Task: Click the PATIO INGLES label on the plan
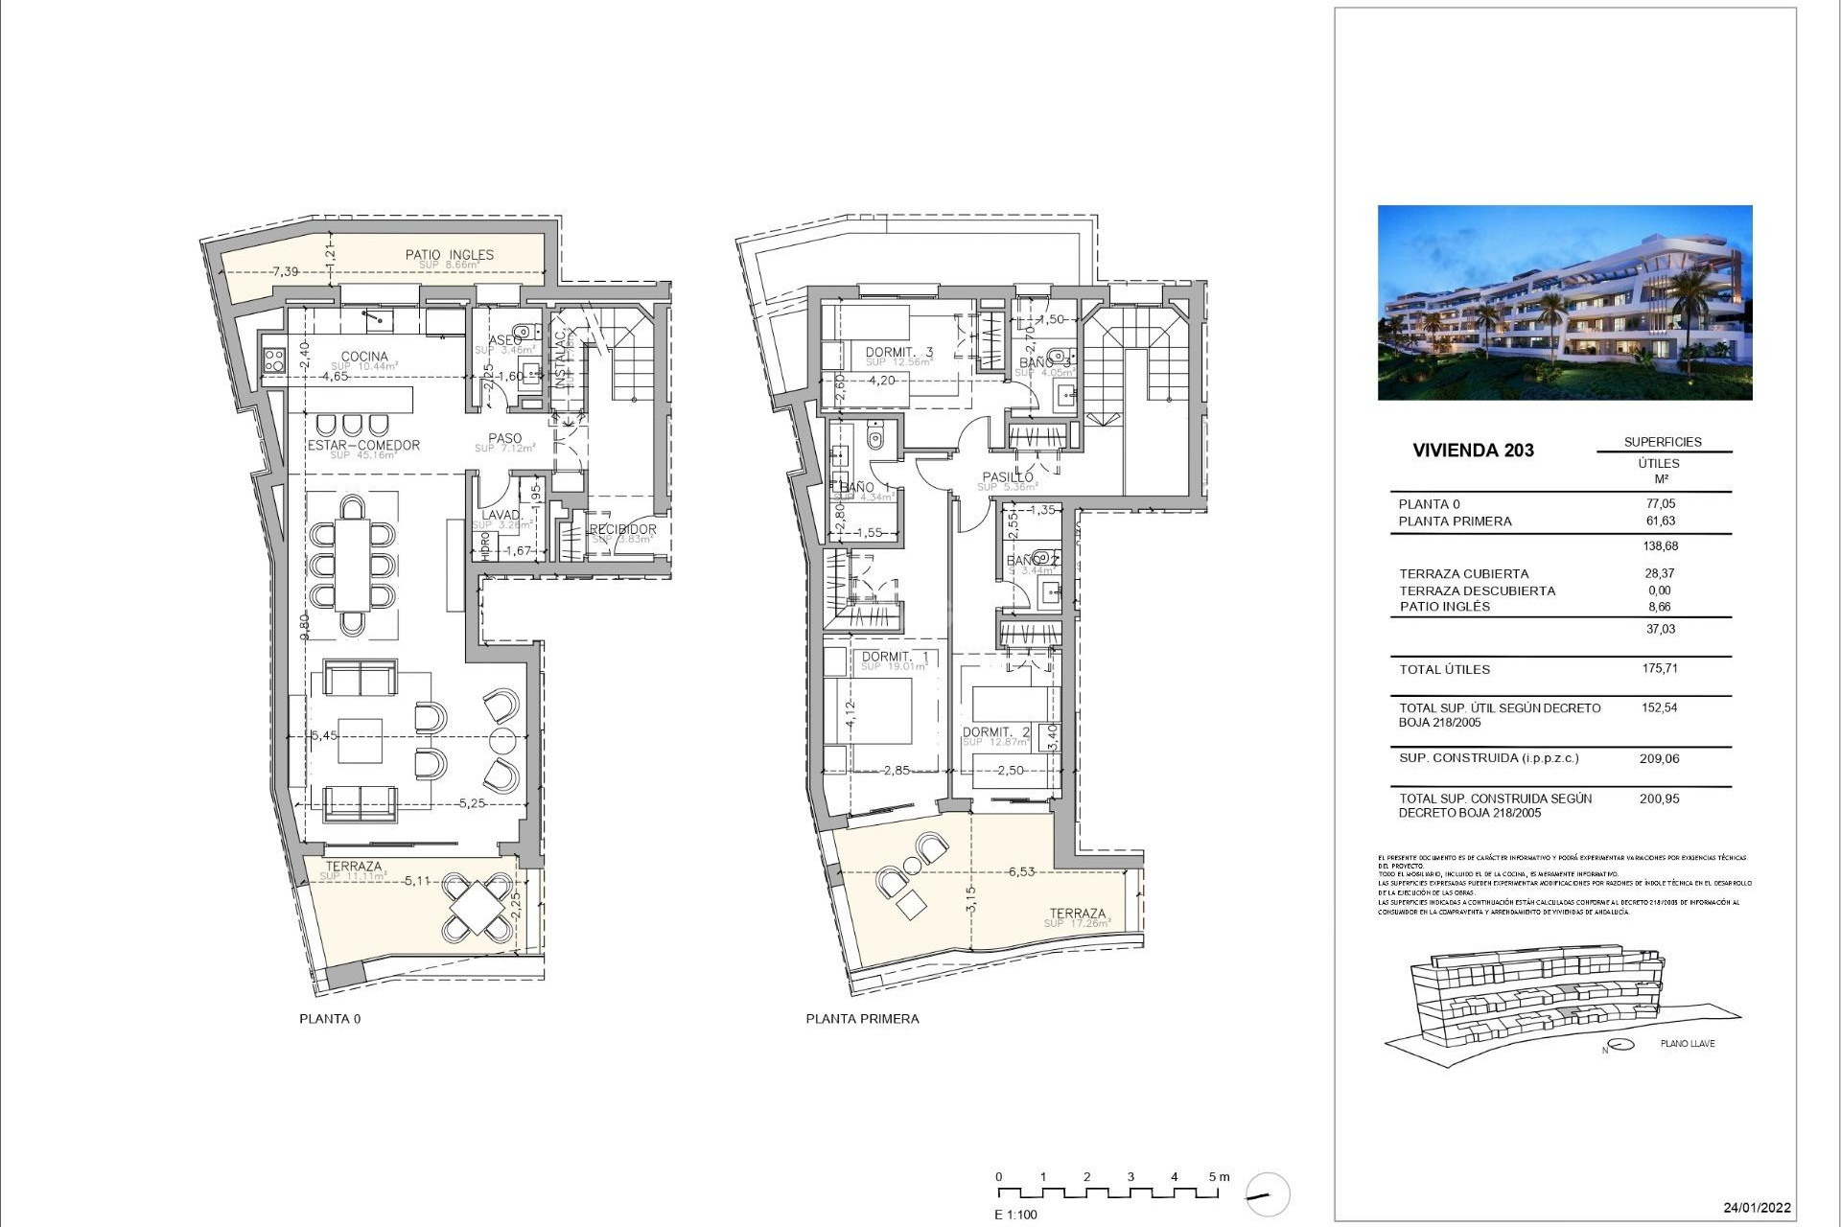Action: [x=449, y=255]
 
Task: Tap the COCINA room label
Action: [x=364, y=357]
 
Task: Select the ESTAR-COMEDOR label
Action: [x=363, y=446]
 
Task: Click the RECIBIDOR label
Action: [x=622, y=529]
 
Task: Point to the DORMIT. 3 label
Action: [x=898, y=353]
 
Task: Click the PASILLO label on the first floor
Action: [x=1007, y=477]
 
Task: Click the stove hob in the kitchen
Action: [x=273, y=360]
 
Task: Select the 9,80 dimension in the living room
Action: [x=304, y=626]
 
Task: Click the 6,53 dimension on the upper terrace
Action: [x=1021, y=872]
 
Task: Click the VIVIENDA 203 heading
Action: [x=1473, y=451]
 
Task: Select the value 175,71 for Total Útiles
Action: [x=1660, y=669]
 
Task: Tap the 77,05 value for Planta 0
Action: [x=1660, y=503]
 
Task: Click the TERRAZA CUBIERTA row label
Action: [x=1463, y=574]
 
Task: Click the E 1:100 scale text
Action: [x=1015, y=1215]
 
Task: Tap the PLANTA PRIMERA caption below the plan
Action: [x=862, y=1019]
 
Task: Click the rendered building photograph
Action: [x=1564, y=302]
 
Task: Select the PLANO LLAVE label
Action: [x=1687, y=1044]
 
